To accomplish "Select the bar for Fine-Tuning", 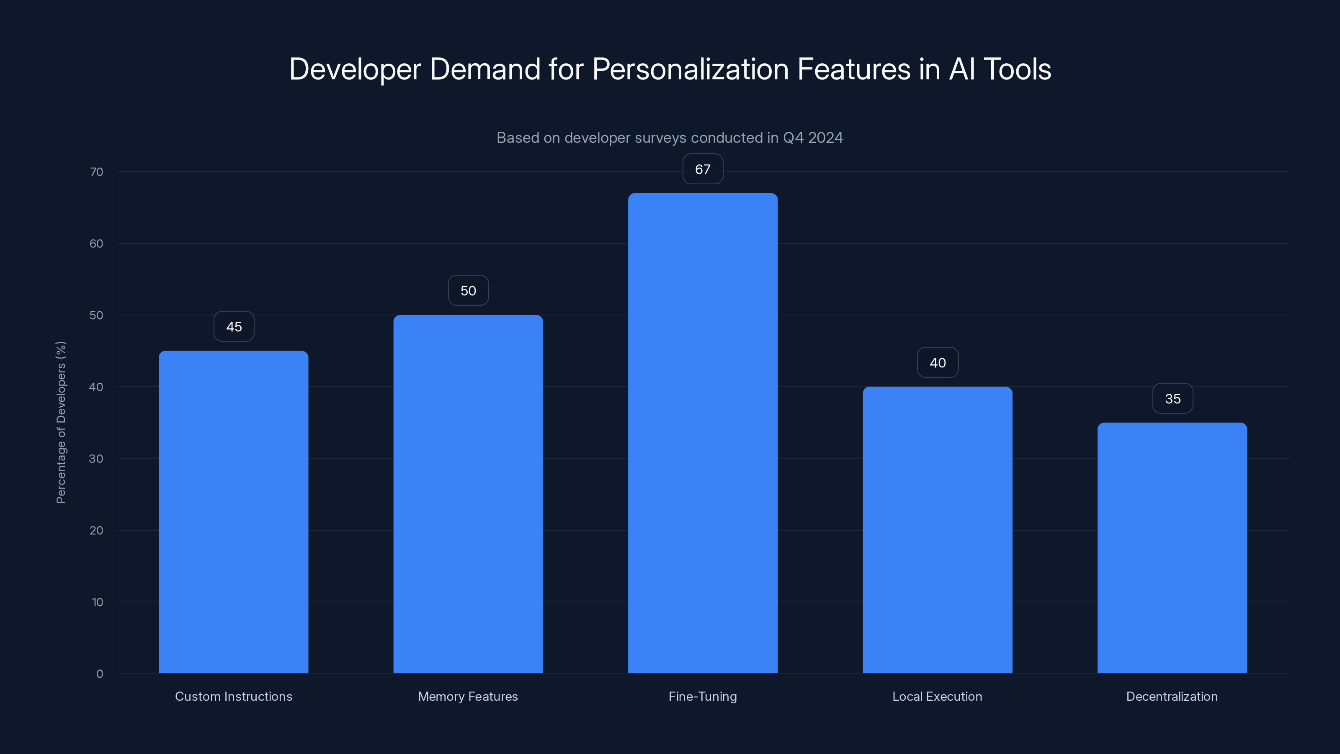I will point(702,433).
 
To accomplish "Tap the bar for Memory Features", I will point(468,494).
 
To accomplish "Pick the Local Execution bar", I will point(938,530).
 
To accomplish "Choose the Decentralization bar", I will point(1172,548).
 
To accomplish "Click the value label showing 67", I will point(702,169).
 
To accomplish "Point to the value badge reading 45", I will point(234,327).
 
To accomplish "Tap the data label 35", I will point(1172,399).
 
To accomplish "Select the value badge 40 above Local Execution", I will point(938,363).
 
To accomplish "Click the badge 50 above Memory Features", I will point(468,290).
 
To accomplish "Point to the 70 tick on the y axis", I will point(96,172).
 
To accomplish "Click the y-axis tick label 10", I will point(97,602).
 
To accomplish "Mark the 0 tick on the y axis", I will point(99,674).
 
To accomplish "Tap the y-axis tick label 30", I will point(96,458).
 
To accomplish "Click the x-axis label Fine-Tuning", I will point(702,696).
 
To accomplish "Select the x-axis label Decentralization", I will point(1172,696).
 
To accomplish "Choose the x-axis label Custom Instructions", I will point(233,696).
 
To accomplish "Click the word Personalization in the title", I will point(690,69).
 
